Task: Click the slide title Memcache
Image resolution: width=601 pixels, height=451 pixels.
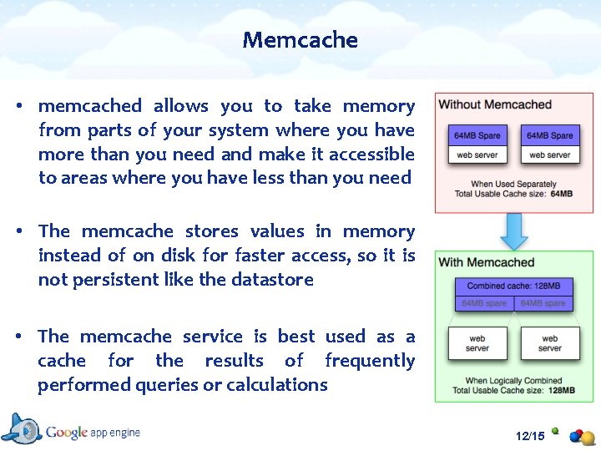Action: coord(300,39)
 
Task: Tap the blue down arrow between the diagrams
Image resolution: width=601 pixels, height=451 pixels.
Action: coord(514,230)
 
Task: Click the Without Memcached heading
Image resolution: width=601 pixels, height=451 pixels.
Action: coord(495,104)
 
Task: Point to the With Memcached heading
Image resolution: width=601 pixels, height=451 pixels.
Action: coord(487,262)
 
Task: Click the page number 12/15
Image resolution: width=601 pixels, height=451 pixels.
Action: coord(530,436)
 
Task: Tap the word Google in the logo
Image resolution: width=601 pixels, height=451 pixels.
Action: coord(67,432)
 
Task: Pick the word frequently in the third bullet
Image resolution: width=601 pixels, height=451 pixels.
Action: coord(370,360)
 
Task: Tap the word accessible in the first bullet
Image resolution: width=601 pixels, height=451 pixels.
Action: coord(371,154)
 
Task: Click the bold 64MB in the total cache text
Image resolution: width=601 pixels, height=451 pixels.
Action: coord(562,194)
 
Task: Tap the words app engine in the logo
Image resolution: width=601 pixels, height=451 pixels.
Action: coord(116,433)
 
